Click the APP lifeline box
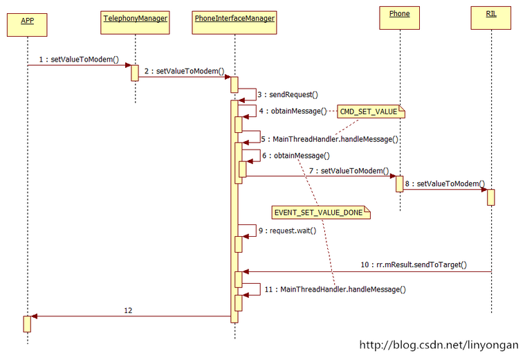pos(27,25)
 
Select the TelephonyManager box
pos(135,22)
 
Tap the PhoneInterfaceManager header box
pos(234,22)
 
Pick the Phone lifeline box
pos(399,18)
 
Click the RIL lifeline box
pos(491,18)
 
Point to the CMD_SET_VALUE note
pos(371,111)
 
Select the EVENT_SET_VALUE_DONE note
pos(321,213)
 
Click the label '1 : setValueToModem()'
pos(79,60)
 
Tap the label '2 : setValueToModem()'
pos(185,71)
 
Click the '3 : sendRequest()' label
pos(288,95)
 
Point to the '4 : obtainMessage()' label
pos(293,111)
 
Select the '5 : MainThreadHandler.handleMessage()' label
pos(330,139)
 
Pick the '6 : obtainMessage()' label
pos(296,156)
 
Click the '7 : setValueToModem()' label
pos(349,171)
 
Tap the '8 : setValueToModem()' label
pos(445,183)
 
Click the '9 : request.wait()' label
pos(287,231)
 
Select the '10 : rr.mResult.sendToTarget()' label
pos(414,264)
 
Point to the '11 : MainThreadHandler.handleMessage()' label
pos(335,289)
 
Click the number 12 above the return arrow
pos(128,310)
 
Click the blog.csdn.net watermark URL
pos(439,345)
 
